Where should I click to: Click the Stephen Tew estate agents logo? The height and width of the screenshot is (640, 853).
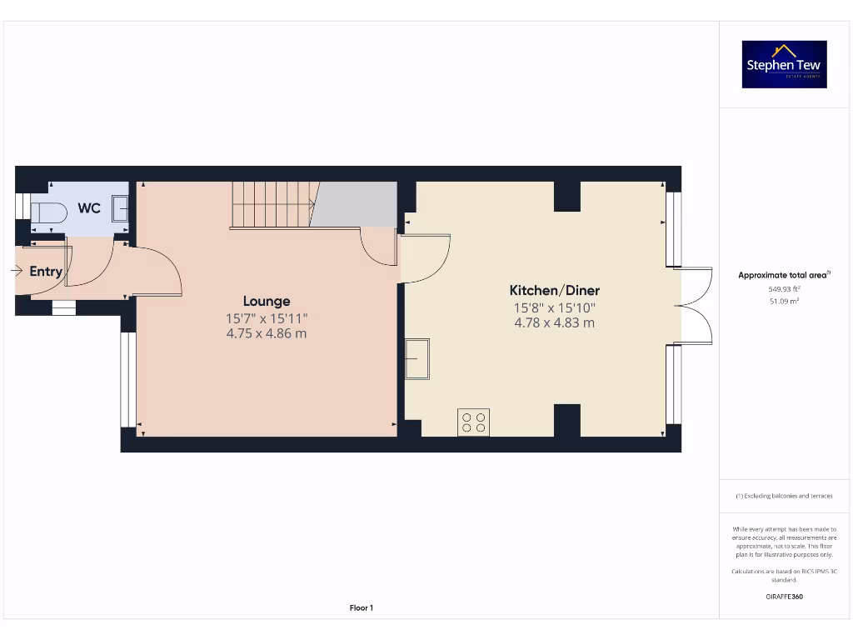[x=784, y=64]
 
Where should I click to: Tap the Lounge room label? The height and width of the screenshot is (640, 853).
[x=267, y=301]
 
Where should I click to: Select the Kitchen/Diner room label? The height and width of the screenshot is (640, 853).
[x=554, y=290]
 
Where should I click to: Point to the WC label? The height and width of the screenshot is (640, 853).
[x=89, y=207]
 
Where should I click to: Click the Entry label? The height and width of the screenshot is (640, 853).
[x=46, y=271]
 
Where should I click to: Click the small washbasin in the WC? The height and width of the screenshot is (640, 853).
[x=119, y=208]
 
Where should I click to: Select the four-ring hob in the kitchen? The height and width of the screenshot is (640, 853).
[x=474, y=422]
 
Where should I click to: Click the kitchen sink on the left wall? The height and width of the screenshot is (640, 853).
[x=417, y=358]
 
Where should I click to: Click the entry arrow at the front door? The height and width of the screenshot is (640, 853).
[x=17, y=270]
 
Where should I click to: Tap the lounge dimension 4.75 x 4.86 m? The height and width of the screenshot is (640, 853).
[x=267, y=333]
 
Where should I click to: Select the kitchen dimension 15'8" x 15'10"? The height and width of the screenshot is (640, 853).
[x=554, y=307]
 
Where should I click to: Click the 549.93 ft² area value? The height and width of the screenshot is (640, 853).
[x=784, y=288]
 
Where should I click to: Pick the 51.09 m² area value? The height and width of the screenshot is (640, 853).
[x=784, y=301]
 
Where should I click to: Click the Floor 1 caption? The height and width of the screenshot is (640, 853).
[x=361, y=608]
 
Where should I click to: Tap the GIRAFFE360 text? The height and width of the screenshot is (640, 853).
[x=784, y=597]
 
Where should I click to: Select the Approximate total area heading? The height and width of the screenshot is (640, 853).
[x=783, y=275]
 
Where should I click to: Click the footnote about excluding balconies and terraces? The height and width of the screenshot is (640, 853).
[x=784, y=496]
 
